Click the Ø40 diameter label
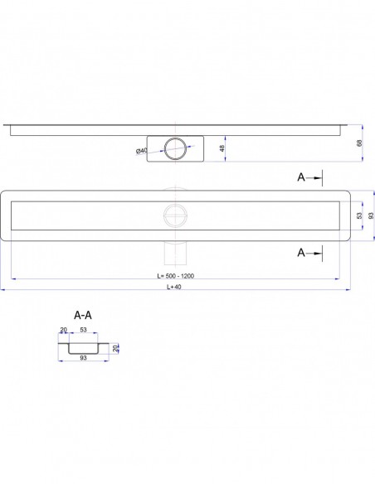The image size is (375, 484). (142, 151)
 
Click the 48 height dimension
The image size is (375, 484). (222, 148)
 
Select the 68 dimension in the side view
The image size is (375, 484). (359, 143)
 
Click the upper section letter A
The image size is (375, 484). (301, 177)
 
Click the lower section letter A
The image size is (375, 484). (301, 253)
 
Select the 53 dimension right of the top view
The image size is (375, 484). (359, 215)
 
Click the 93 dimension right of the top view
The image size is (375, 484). (371, 215)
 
